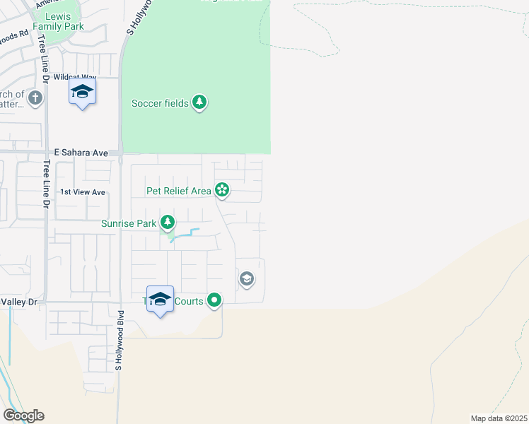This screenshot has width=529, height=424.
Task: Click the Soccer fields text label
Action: [x=160, y=104]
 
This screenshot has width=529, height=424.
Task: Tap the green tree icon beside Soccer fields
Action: [x=200, y=103]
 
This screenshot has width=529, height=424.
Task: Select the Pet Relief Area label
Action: [x=178, y=190]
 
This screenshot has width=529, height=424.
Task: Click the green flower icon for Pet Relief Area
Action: [x=222, y=189]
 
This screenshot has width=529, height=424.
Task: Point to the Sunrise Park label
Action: [x=128, y=224]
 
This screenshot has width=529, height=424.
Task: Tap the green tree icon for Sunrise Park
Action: [x=167, y=223]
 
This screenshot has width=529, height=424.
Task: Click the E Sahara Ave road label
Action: [x=81, y=153]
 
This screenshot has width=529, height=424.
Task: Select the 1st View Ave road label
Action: [x=82, y=192]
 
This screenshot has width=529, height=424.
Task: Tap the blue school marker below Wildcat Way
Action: [x=83, y=93]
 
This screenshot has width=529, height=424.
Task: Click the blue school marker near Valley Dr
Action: [x=160, y=300]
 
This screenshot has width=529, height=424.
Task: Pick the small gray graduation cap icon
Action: [x=246, y=279]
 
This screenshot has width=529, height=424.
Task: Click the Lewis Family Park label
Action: [x=64, y=21]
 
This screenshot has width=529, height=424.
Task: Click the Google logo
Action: [x=23, y=416]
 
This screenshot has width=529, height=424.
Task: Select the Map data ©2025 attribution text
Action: [x=499, y=418]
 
